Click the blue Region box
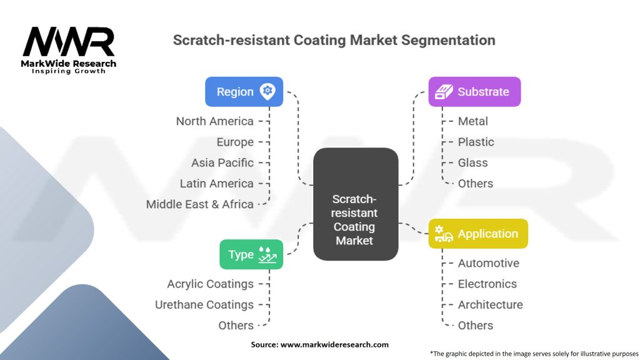click(244, 92)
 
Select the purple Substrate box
click(474, 92)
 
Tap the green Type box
click(251, 254)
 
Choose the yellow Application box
click(478, 234)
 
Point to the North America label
click(214, 121)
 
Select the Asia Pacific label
click(222, 162)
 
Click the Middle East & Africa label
click(199, 204)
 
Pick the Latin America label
click(216, 183)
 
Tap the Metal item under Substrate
click(472, 121)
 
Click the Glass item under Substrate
click(472, 162)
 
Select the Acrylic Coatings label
click(210, 284)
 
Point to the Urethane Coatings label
click(204, 304)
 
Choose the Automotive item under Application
click(488, 263)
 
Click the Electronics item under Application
click(487, 284)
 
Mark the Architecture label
click(490, 304)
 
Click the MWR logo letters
click(69, 42)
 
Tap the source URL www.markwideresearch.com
click(334, 344)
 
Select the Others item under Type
click(236, 325)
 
